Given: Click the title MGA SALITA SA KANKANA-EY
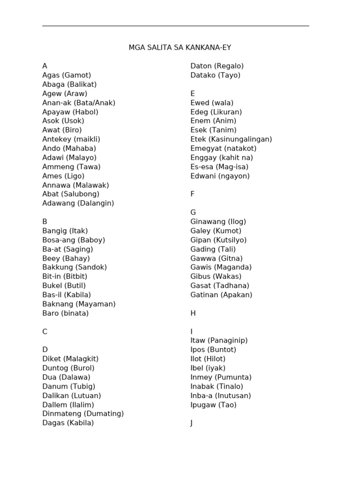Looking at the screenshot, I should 180,48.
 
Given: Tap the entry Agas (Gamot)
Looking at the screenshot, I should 67,75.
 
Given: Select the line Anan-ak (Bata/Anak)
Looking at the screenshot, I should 79,103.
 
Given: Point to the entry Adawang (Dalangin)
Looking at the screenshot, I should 78,203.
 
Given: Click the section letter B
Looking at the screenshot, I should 45,222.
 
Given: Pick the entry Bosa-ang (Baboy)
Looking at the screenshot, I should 74,240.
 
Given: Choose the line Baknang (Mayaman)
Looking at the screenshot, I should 79,304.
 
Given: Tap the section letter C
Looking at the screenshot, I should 45,332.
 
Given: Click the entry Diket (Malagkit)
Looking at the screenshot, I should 70,359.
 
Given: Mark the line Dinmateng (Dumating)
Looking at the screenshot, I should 83,414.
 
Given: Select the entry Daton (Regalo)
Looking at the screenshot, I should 217,66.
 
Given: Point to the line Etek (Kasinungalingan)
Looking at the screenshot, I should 231,139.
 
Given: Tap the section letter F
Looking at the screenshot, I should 192,194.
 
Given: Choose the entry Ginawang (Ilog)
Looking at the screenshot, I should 218,222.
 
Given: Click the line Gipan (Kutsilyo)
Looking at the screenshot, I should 218,240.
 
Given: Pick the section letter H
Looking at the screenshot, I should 193,313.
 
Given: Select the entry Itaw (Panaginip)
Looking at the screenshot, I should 219,341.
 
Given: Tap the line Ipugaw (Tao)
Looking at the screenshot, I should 213,405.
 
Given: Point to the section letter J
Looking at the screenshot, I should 192,423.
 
